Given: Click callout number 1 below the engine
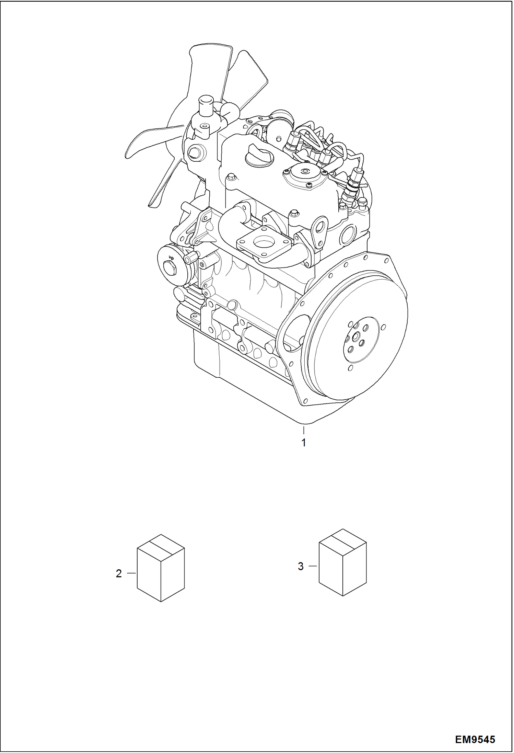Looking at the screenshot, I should pyautogui.click(x=304, y=443).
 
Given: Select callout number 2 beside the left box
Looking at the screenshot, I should pyautogui.click(x=119, y=573).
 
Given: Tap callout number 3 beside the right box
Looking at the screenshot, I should pyautogui.click(x=301, y=566).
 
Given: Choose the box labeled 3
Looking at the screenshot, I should pyautogui.click(x=342, y=567).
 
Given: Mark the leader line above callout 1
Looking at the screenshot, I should pyautogui.click(x=304, y=430).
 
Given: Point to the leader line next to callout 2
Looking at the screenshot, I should pyautogui.click(x=132, y=573).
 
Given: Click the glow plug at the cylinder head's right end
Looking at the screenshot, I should pyautogui.click(x=351, y=185).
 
